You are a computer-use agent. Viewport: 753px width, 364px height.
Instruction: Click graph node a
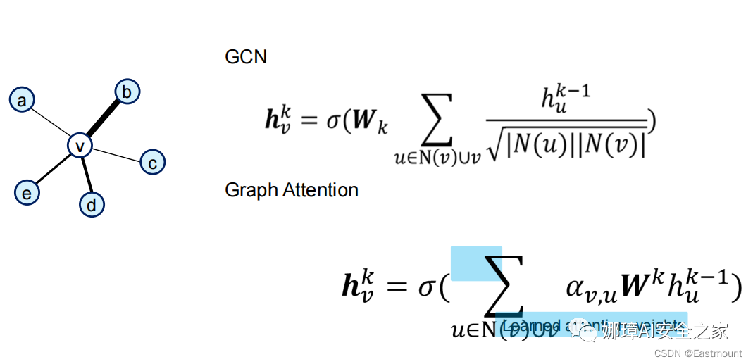22,100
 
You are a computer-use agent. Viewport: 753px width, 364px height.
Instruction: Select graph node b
127,91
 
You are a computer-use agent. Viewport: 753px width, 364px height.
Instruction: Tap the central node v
80,146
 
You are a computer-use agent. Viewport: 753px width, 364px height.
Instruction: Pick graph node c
151,163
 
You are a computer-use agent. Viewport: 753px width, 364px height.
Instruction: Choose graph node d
92,205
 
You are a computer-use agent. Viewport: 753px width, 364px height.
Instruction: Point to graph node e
27,192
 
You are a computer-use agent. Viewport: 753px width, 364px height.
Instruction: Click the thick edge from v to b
104,118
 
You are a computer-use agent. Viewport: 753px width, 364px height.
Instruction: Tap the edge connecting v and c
116,154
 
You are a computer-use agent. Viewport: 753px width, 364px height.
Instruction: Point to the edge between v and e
54,169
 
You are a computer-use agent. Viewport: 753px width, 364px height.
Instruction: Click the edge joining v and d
86,175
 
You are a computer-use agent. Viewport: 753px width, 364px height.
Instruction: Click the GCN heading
246,57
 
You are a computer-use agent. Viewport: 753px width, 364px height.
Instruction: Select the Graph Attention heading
292,190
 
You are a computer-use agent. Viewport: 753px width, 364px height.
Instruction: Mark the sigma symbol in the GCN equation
333,120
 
